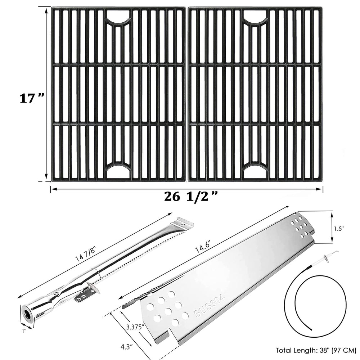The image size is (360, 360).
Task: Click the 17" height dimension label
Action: coord(31,99)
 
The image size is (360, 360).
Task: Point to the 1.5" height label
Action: coord(339,229)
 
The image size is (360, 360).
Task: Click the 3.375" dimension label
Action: coord(136,326)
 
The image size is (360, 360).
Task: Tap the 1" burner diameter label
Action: coord(24,331)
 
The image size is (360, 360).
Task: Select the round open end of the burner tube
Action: coord(27,314)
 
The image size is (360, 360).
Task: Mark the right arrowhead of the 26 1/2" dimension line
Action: coord(320,189)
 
